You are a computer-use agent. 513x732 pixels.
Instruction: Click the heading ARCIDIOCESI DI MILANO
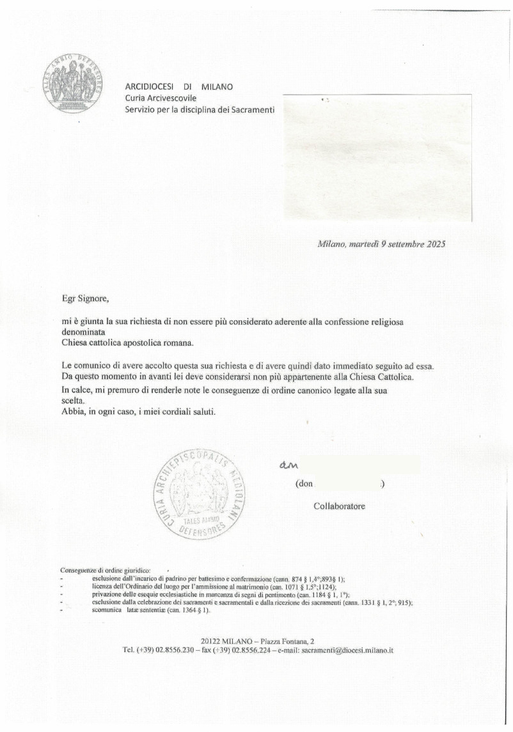point(178,86)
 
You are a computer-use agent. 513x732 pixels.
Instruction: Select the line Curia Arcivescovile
point(161,98)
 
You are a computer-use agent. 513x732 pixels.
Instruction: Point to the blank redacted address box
point(377,157)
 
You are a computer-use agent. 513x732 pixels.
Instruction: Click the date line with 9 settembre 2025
point(381,244)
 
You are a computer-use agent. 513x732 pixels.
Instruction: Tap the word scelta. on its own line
point(73,400)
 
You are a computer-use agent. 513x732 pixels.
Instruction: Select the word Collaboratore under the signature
point(339,506)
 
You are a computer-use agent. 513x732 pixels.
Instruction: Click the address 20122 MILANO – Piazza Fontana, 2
point(257,641)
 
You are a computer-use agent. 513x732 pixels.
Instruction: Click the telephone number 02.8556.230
point(175,650)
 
